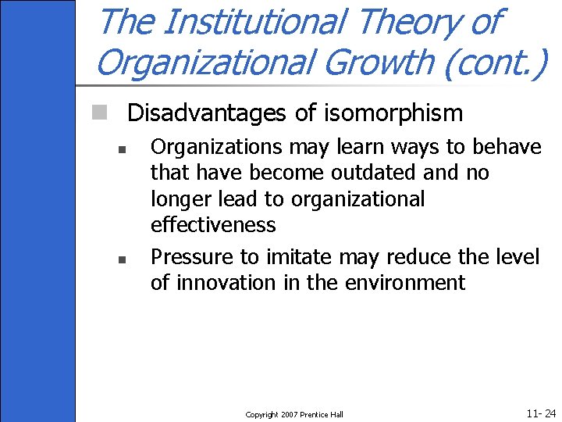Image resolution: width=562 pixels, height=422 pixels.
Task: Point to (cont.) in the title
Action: (495, 63)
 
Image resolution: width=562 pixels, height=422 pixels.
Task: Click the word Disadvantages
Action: (208, 113)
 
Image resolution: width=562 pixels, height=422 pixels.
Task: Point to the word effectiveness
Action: (213, 225)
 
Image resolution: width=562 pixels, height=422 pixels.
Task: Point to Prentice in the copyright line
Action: (316, 414)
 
